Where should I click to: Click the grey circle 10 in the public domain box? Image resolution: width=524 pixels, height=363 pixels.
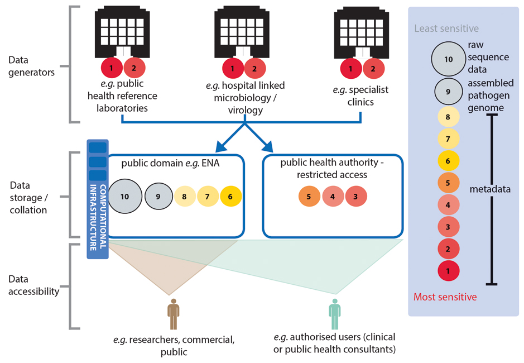(124, 197)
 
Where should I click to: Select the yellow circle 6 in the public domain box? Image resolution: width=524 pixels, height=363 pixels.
(230, 197)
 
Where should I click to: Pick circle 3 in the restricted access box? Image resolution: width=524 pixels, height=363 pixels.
(356, 197)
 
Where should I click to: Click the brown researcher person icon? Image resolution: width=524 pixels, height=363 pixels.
(174, 314)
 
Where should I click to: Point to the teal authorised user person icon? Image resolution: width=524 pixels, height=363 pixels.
(334, 314)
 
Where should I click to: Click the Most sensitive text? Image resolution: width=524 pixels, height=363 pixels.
(445, 297)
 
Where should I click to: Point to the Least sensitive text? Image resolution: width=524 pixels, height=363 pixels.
(446, 28)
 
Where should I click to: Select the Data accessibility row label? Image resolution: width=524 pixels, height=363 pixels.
(33, 285)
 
